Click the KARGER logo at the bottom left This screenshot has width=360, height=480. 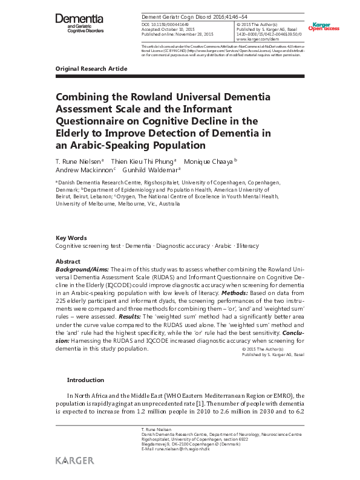(74, 461)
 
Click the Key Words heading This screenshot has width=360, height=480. (71, 238)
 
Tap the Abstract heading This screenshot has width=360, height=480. (68, 261)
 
